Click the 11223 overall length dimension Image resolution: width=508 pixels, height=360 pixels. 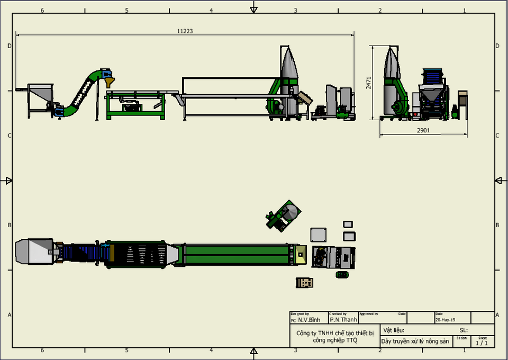(x=185, y=31)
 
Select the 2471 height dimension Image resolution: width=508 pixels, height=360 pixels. (x=369, y=83)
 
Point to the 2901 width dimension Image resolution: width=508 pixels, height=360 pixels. (x=423, y=130)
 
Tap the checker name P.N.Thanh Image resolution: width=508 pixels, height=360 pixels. (x=343, y=320)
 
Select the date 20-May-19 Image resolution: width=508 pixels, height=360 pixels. (x=445, y=320)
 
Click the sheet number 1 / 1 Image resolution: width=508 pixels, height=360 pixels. (x=482, y=343)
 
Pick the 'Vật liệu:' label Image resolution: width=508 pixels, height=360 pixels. (x=394, y=330)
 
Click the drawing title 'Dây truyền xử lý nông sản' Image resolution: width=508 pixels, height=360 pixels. (x=415, y=341)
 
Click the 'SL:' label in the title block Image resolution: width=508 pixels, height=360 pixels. (x=464, y=330)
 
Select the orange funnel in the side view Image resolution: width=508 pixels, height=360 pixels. (x=110, y=83)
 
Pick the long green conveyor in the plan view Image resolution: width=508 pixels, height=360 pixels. (x=236, y=254)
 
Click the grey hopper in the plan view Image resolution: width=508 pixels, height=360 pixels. (x=33, y=251)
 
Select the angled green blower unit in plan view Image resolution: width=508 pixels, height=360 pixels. (x=283, y=215)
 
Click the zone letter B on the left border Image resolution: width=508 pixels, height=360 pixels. (x=8, y=225)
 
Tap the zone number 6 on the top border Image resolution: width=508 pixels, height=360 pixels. (x=42, y=11)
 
